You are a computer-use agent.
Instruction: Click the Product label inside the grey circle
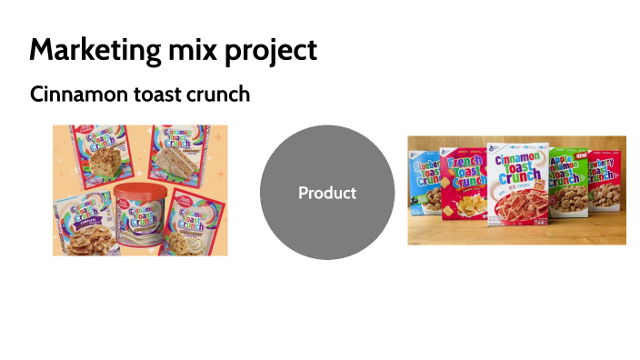click(x=327, y=193)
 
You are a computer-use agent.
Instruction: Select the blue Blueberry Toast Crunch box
click(x=425, y=183)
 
